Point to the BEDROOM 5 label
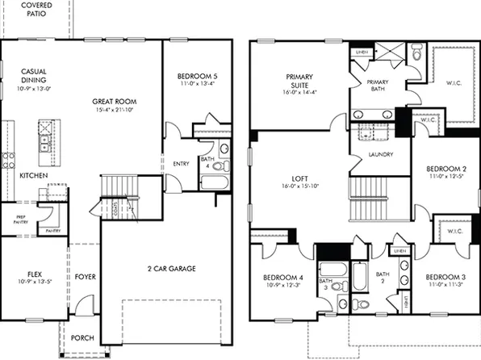198,77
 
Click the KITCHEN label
33,175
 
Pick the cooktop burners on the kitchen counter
8,157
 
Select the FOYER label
86,277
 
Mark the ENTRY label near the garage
181,164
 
